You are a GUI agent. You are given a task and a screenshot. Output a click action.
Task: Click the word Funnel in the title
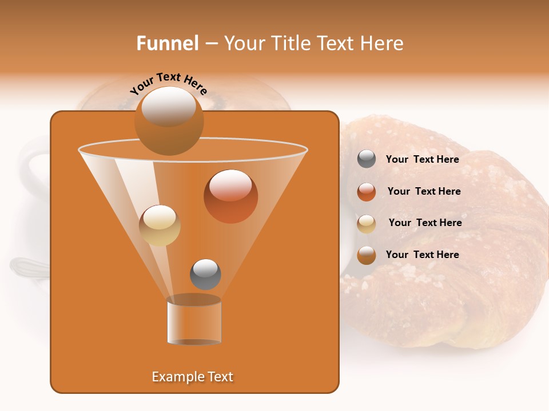pos(167,43)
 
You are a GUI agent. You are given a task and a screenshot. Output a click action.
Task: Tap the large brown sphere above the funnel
pos(169,121)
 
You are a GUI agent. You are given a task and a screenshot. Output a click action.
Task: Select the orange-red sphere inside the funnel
pos(230,196)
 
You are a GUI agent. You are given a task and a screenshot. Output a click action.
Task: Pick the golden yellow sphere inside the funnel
pos(160,225)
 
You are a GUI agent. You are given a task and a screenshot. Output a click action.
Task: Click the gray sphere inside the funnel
pos(205,274)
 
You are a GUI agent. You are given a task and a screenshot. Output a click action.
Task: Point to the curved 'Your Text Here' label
pos(168,83)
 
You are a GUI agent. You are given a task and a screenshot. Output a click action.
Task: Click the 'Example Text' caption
pos(192,377)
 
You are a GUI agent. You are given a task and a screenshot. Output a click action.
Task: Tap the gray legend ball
pos(367,159)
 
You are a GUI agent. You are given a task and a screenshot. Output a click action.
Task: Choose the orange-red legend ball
pos(367,192)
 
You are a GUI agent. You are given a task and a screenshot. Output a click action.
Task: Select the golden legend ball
pos(367,224)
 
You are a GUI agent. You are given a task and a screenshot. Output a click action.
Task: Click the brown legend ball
pos(367,255)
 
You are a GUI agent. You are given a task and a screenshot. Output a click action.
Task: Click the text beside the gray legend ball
pos(422,159)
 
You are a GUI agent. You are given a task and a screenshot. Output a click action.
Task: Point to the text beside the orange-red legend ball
pos(424,191)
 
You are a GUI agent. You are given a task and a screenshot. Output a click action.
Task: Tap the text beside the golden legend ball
pos(425,223)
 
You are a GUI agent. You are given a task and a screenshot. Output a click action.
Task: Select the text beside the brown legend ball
pos(422,255)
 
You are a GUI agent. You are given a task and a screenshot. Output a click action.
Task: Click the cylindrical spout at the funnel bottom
pos(194,321)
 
